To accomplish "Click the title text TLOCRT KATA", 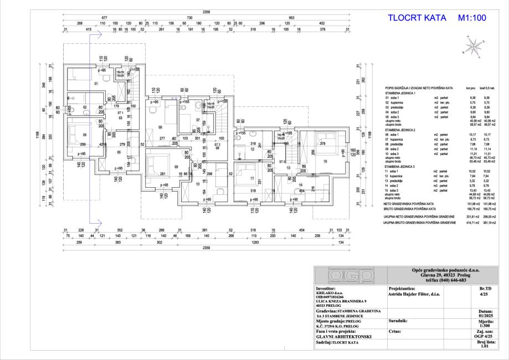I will (x=419, y=18).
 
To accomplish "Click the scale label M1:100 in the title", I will (x=472, y=18).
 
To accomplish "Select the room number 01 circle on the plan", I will (x=95, y=84).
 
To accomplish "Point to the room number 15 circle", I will (x=325, y=161).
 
